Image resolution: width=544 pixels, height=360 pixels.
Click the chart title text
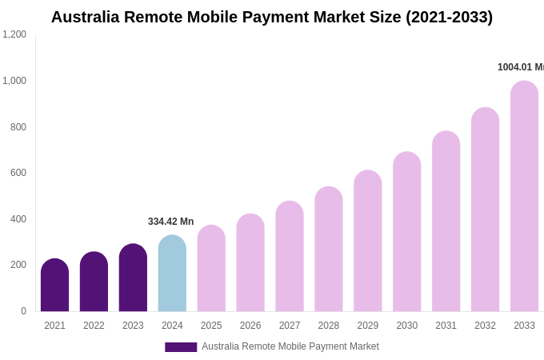click(x=272, y=17)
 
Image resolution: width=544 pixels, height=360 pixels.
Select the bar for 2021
click(x=54, y=286)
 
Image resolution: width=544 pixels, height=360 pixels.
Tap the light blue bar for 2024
click(x=172, y=274)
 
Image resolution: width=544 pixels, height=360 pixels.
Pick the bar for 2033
click(x=524, y=197)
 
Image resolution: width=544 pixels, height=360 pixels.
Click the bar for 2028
click(x=329, y=250)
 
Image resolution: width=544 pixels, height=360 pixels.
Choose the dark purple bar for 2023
click(x=133, y=278)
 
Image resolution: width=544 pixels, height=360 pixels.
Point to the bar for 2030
click(x=406, y=232)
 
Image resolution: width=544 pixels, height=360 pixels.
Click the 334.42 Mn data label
click(x=170, y=222)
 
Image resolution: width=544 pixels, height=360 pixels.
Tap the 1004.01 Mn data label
click(x=520, y=67)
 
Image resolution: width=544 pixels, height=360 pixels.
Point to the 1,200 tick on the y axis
click(x=14, y=34)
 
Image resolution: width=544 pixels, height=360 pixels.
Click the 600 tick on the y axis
click(x=18, y=173)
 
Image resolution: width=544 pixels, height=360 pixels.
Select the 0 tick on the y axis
click(x=23, y=311)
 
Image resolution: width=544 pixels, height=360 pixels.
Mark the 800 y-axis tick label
click(x=18, y=127)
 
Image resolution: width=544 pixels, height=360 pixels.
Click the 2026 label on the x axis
click(x=250, y=326)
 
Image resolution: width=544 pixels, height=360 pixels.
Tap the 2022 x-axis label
click(x=94, y=326)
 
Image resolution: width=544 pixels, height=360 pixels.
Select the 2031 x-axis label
click(x=446, y=326)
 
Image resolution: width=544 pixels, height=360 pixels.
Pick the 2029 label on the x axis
click(x=368, y=326)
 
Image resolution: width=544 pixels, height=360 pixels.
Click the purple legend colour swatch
click(x=181, y=347)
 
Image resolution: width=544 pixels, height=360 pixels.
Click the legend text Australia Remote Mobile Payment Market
click(x=290, y=346)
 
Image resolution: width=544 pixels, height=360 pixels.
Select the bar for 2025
click(x=211, y=269)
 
